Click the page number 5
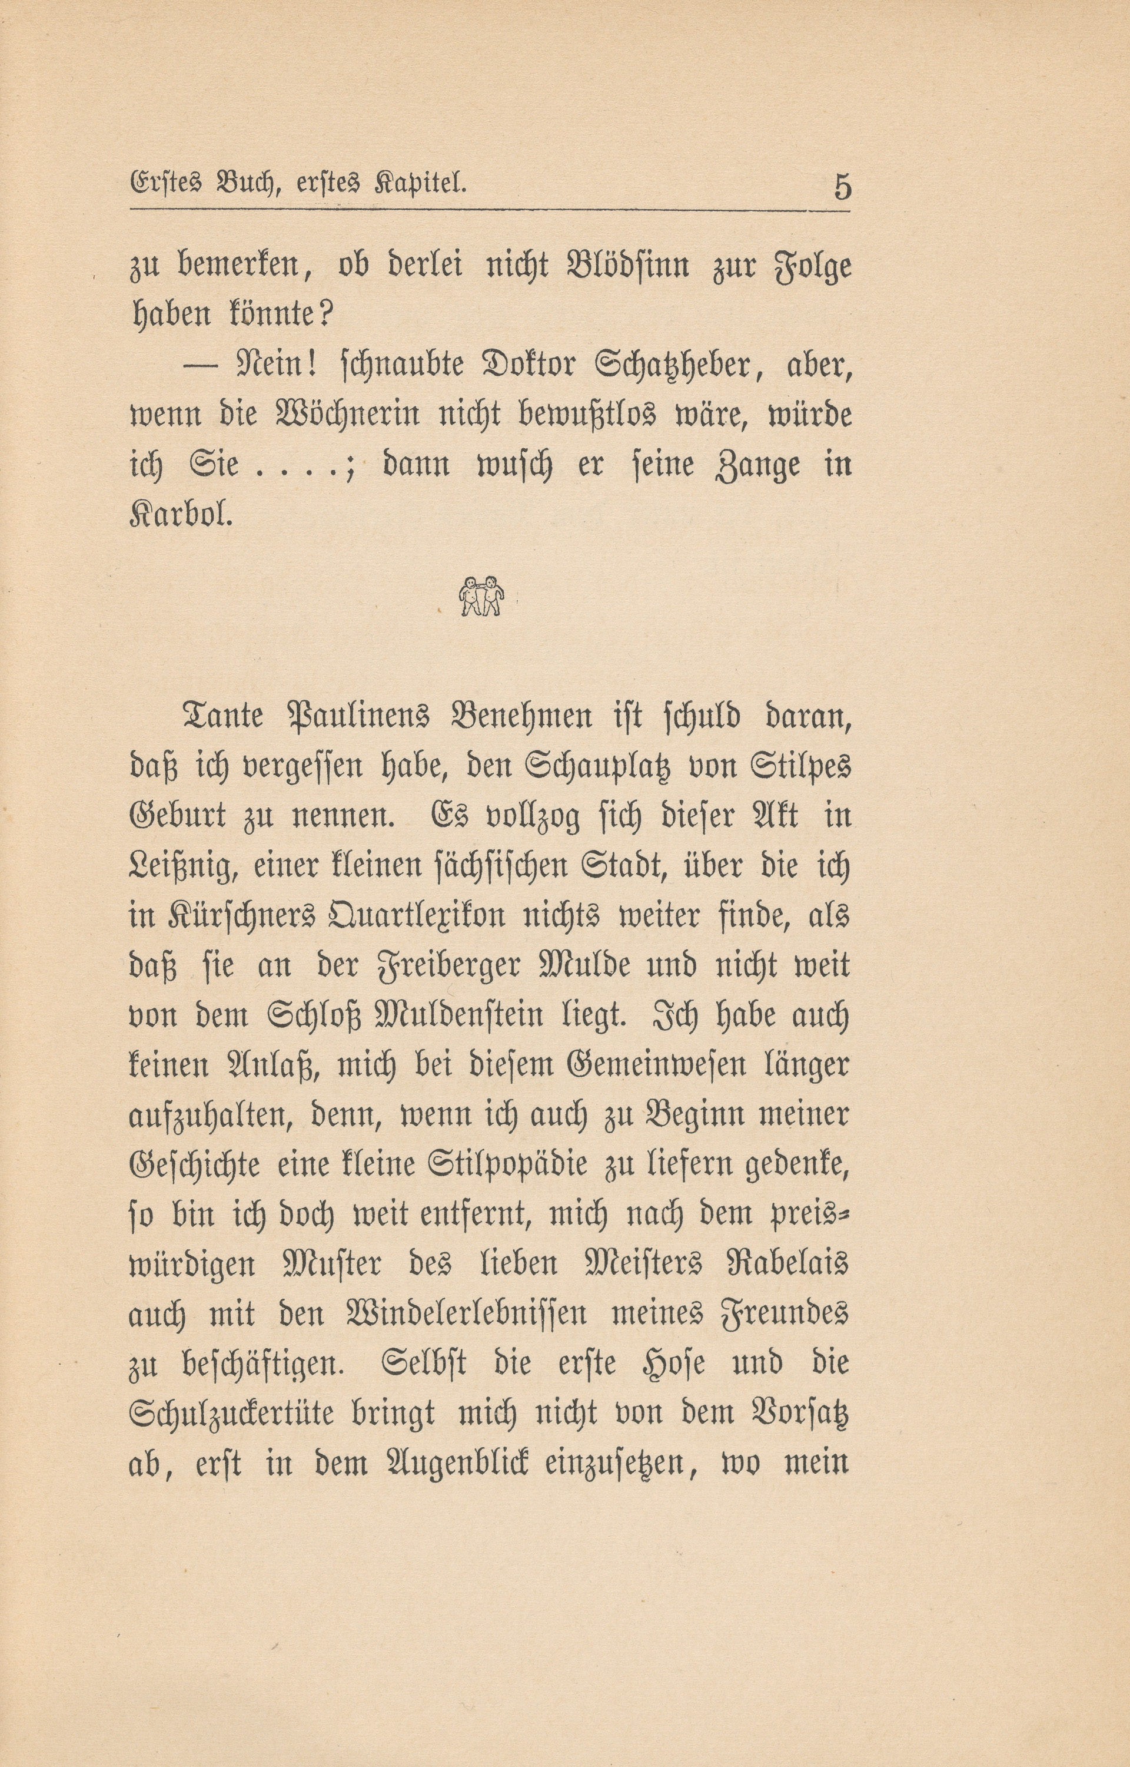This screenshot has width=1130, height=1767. [842, 187]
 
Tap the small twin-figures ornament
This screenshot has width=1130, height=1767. [481, 595]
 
